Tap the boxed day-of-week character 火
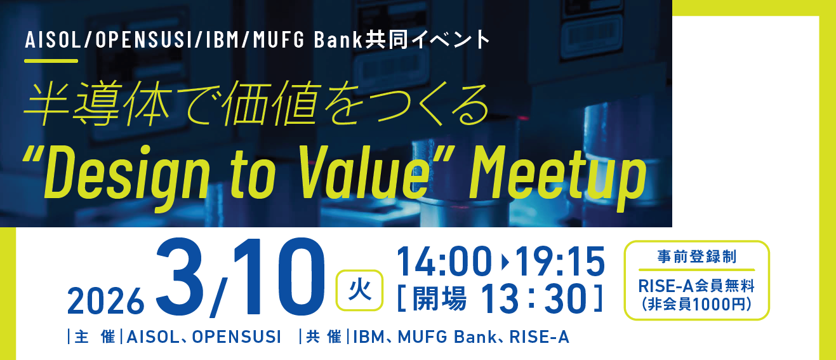[x=359, y=290]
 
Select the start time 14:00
[x=444, y=261]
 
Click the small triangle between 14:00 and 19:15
[x=505, y=261]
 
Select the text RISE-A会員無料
[x=696, y=286]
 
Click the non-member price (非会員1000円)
[x=696, y=303]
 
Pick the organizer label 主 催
[x=94, y=337]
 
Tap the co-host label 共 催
[x=323, y=337]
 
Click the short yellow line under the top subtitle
[x=51, y=61]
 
